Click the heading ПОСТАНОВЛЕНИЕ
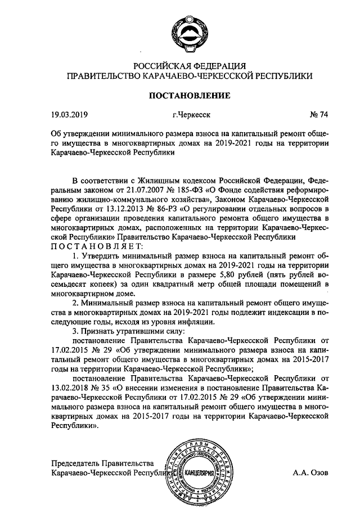coord(188,96)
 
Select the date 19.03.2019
coord(70,116)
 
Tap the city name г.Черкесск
coord(192,116)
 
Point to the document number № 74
coord(319,116)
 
